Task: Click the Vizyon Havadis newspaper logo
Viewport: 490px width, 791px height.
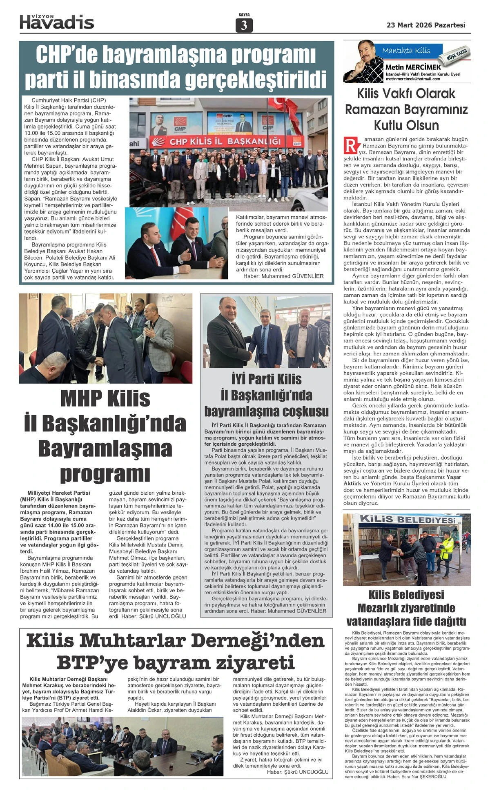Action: [57, 22]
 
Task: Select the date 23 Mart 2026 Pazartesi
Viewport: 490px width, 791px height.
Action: [426, 25]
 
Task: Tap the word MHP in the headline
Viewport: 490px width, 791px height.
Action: [80, 399]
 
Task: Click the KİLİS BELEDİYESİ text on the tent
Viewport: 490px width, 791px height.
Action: [407, 519]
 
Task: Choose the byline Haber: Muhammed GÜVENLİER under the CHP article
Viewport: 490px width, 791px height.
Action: [283, 276]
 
